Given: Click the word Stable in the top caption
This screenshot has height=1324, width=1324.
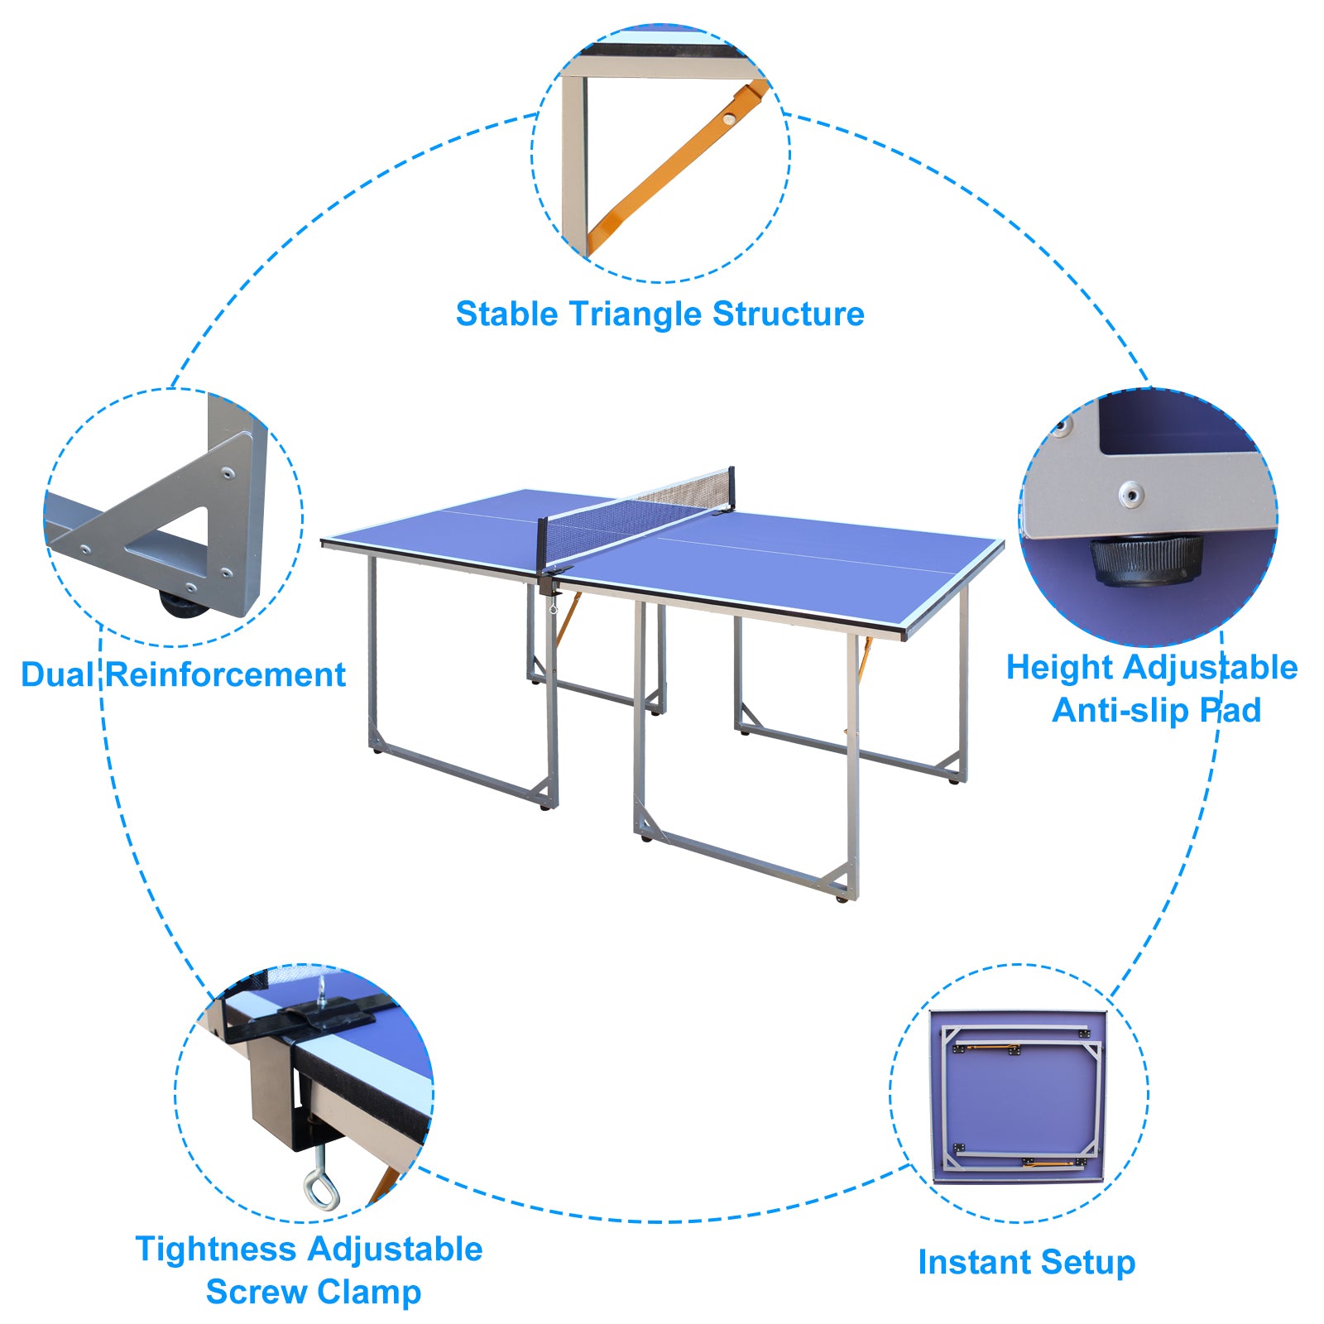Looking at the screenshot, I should [x=506, y=314].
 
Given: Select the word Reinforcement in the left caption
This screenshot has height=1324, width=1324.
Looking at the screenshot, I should [x=226, y=675].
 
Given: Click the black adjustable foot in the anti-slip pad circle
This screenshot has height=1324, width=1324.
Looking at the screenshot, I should [x=1145, y=559].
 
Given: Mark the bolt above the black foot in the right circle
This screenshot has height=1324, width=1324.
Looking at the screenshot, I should [x=1131, y=495].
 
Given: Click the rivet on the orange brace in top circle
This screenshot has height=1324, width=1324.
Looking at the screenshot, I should [x=727, y=119].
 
